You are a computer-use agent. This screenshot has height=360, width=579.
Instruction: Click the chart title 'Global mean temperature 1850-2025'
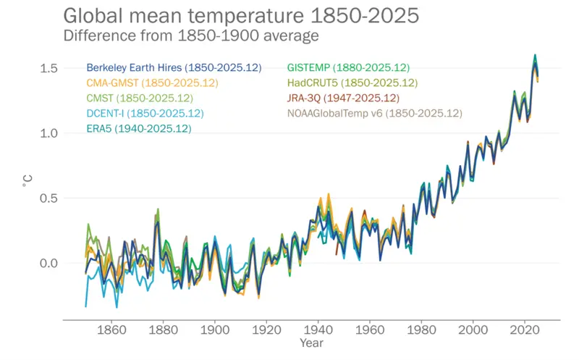tap(240, 15)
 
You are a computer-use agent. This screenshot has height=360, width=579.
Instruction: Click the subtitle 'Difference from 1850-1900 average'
tap(192, 35)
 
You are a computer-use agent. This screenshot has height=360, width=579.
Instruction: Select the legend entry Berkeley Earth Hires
tap(174, 67)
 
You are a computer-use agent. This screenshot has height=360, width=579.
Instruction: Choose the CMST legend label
tap(140, 98)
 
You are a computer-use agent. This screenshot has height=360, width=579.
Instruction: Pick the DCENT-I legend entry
tap(145, 113)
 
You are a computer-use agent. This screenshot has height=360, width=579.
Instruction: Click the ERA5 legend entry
tap(139, 128)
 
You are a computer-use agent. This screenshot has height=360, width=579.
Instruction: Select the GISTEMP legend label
tap(349, 67)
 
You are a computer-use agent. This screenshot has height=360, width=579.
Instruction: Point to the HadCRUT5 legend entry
tap(352, 83)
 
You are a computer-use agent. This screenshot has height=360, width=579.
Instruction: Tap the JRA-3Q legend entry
tap(343, 98)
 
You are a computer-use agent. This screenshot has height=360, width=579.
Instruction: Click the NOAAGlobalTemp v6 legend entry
tap(375, 113)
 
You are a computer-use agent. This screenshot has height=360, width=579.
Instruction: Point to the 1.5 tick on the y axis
tap(48, 68)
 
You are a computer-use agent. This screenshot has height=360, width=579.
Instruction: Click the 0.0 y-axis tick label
tap(48, 263)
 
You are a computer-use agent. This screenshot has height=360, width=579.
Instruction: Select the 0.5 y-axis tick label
tap(48, 198)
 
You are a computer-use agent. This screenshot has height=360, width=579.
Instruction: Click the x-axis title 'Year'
tap(312, 342)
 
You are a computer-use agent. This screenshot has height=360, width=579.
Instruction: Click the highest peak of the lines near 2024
tap(535, 55)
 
